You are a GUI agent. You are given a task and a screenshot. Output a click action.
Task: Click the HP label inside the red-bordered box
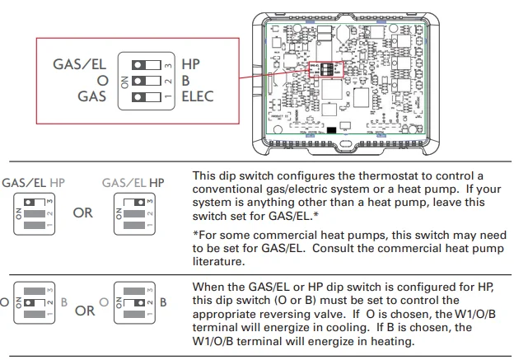(x=192, y=63)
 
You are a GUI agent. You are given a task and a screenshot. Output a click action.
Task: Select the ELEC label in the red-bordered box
(x=198, y=96)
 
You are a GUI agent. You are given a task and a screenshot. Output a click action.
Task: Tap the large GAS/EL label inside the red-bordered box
(x=79, y=63)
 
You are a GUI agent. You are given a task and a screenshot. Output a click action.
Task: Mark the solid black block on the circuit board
(x=330, y=130)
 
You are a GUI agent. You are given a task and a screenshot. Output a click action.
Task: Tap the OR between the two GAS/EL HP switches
(x=83, y=213)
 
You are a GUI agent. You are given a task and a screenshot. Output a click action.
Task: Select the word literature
(x=219, y=264)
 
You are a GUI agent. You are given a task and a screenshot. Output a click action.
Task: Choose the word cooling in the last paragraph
(x=300, y=327)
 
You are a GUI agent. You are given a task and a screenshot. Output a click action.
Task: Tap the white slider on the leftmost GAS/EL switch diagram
(x=30, y=200)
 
